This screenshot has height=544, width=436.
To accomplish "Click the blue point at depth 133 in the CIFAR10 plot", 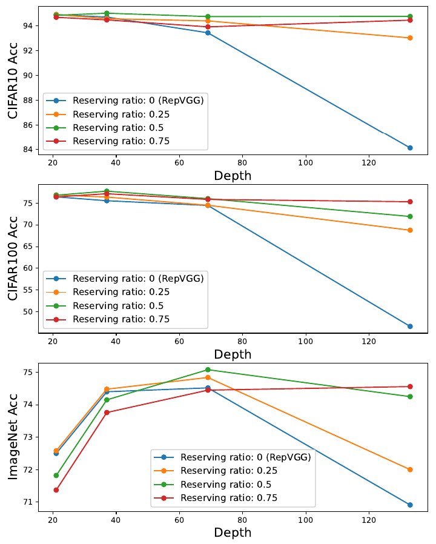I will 410,148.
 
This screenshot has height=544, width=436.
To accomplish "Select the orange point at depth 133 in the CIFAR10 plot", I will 410,38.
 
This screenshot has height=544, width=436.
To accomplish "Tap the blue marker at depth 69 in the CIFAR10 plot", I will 208,33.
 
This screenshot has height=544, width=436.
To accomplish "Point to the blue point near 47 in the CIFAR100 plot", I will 410,327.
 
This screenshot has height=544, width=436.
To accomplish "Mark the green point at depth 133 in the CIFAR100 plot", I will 410,216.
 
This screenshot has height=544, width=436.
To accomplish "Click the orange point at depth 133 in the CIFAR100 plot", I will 410,230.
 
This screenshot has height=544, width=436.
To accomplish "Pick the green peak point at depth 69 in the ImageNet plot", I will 208,370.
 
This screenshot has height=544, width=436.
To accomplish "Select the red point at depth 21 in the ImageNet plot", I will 56,490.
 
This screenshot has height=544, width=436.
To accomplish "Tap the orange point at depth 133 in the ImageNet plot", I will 410,469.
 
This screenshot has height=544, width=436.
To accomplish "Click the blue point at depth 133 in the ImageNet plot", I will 410,505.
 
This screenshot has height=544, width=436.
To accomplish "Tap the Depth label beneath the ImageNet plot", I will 233,533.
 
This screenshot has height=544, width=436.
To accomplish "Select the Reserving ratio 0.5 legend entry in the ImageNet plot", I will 225,485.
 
